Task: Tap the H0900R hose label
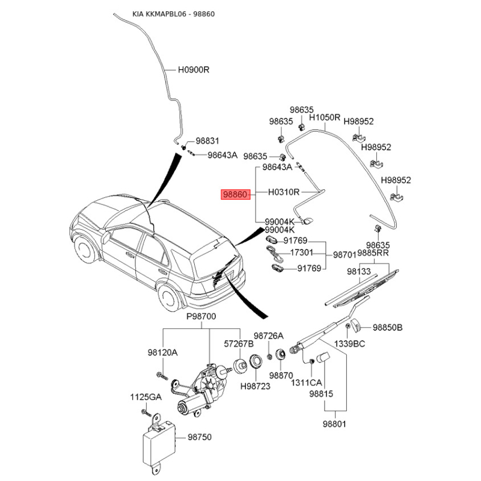tap(193, 70)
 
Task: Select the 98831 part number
tap(209, 140)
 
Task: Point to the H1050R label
tap(325, 118)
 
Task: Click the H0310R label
tap(283, 192)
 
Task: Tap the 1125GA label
tap(147, 397)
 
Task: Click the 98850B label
tap(387, 328)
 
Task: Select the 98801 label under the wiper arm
tap(335, 424)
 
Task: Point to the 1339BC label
tap(350, 343)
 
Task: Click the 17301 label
tap(302, 253)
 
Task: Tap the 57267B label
tap(239, 343)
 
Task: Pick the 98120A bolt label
tap(162, 352)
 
